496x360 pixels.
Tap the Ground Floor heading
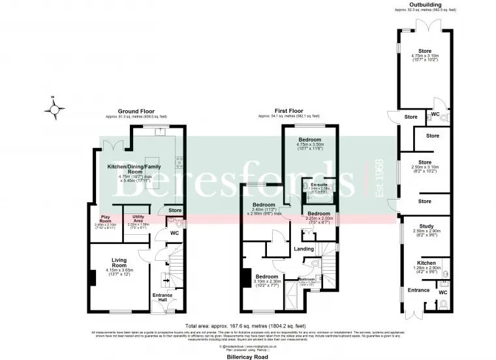136,112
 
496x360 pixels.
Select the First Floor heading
290,112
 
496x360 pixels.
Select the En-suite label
319,185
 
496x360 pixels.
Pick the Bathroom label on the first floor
307,278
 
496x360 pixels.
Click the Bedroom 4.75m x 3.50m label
310,140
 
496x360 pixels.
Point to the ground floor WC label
174,232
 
